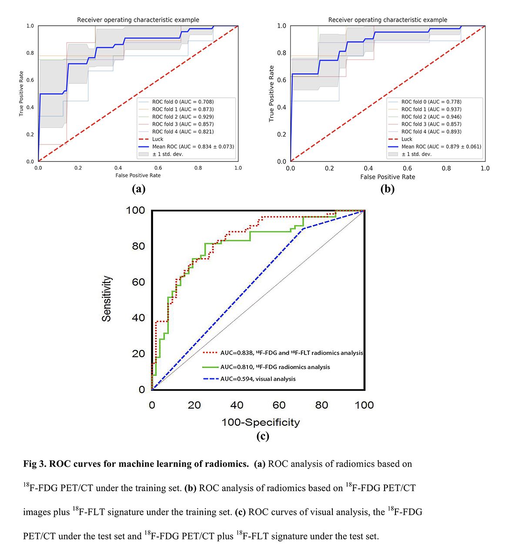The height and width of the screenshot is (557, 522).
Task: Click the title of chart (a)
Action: tap(138, 20)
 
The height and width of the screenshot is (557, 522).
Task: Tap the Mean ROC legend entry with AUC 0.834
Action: tap(186, 146)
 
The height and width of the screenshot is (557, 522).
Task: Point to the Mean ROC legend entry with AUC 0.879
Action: tap(435, 146)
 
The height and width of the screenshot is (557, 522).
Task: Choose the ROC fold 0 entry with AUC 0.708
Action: tap(176, 102)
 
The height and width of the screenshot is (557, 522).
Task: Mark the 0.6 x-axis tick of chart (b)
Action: tap(407, 168)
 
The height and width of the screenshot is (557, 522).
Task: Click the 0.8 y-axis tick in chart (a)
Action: tap(30, 53)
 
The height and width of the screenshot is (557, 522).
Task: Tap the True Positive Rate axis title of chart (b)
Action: tap(271, 94)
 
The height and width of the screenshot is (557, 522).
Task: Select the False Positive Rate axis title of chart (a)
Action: tap(138, 175)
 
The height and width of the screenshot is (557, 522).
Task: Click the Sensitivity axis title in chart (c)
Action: tap(107, 299)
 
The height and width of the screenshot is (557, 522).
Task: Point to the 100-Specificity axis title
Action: tap(261, 423)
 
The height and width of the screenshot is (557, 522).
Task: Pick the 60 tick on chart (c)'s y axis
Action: tap(138, 282)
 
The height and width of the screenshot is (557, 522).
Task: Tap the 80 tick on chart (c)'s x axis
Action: tap(321, 405)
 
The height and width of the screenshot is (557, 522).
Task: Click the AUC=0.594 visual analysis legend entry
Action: tap(249, 379)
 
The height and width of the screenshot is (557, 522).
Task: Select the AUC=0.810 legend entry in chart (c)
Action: tap(266, 367)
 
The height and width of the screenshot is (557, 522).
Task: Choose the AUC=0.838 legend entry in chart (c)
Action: tap(283, 353)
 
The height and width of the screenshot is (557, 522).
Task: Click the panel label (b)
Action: tap(387, 189)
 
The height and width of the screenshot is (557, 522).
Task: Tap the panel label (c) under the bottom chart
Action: tap(263, 436)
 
